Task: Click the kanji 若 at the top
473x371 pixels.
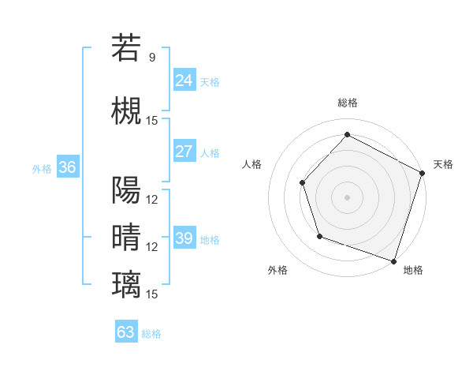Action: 127,48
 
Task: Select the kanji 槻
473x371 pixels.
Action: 127,110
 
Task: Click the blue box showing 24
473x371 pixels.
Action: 184,81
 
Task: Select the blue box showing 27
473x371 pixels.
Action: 184,152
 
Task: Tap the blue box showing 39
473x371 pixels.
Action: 184,238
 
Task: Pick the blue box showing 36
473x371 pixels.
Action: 67,167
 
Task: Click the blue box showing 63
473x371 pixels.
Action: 126,332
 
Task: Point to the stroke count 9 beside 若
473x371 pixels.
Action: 152,58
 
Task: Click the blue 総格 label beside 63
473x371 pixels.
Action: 152,334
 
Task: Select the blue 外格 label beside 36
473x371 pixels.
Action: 42,168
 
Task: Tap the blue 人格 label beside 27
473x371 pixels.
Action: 210,153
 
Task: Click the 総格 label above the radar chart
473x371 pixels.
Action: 347,103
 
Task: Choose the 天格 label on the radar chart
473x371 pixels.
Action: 443,164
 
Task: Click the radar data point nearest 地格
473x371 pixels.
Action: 393,260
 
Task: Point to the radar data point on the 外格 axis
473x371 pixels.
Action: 318,236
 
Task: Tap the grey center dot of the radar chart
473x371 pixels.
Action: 347,197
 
